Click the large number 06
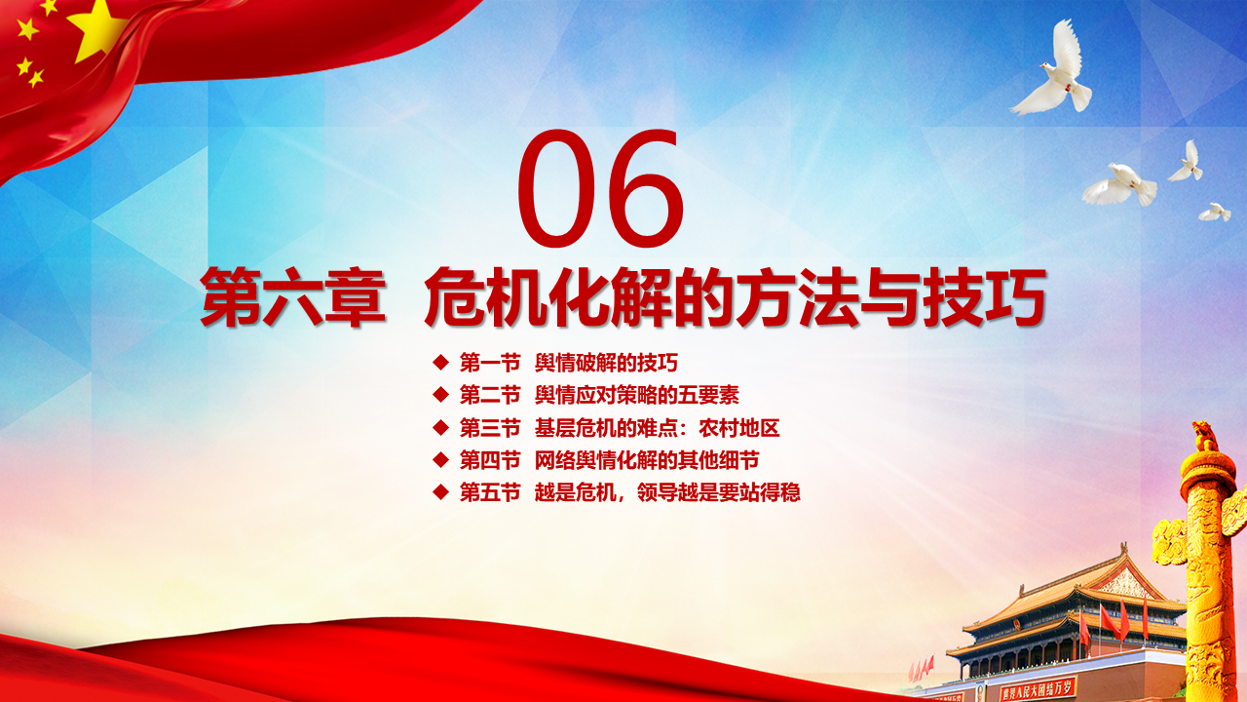(601, 188)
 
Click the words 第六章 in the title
(293, 297)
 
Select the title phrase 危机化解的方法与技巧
(735, 297)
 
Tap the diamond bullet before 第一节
(441, 363)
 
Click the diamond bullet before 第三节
(441, 428)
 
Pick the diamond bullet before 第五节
(441, 492)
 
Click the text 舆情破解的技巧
(606, 363)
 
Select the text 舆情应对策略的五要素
(637, 395)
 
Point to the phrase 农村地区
(739, 428)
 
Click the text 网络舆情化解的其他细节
(647, 460)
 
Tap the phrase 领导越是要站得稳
(719, 492)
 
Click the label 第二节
(490, 395)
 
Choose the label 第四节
(490, 460)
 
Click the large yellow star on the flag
(95, 29)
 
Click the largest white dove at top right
(1052, 72)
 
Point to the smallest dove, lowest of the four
(1215, 213)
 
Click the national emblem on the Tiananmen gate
(1018, 626)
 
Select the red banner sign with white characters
(1038, 690)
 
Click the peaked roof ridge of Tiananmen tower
(1121, 557)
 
